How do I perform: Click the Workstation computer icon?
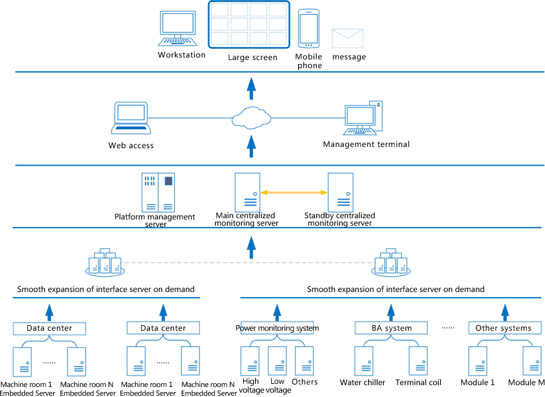[177, 29]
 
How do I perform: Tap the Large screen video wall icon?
[249, 24]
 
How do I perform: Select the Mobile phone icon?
[309, 29]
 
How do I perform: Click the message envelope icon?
[347, 38]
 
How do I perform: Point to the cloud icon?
[251, 118]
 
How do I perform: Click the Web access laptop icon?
[131, 118]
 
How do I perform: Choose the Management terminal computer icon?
[363, 118]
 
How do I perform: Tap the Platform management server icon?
[158, 192]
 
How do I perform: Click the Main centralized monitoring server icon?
[247, 192]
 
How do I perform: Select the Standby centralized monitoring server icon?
[341, 192]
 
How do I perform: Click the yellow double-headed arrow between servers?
[294, 192]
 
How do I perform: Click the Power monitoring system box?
[277, 328]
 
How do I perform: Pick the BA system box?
[391, 328]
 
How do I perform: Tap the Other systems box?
[505, 328]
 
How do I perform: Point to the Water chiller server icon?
[364, 361]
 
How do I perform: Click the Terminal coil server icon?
[418, 361]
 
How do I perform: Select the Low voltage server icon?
[277, 361]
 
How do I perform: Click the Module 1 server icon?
[477, 361]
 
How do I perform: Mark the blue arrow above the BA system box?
[391, 313]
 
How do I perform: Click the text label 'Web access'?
[131, 146]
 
